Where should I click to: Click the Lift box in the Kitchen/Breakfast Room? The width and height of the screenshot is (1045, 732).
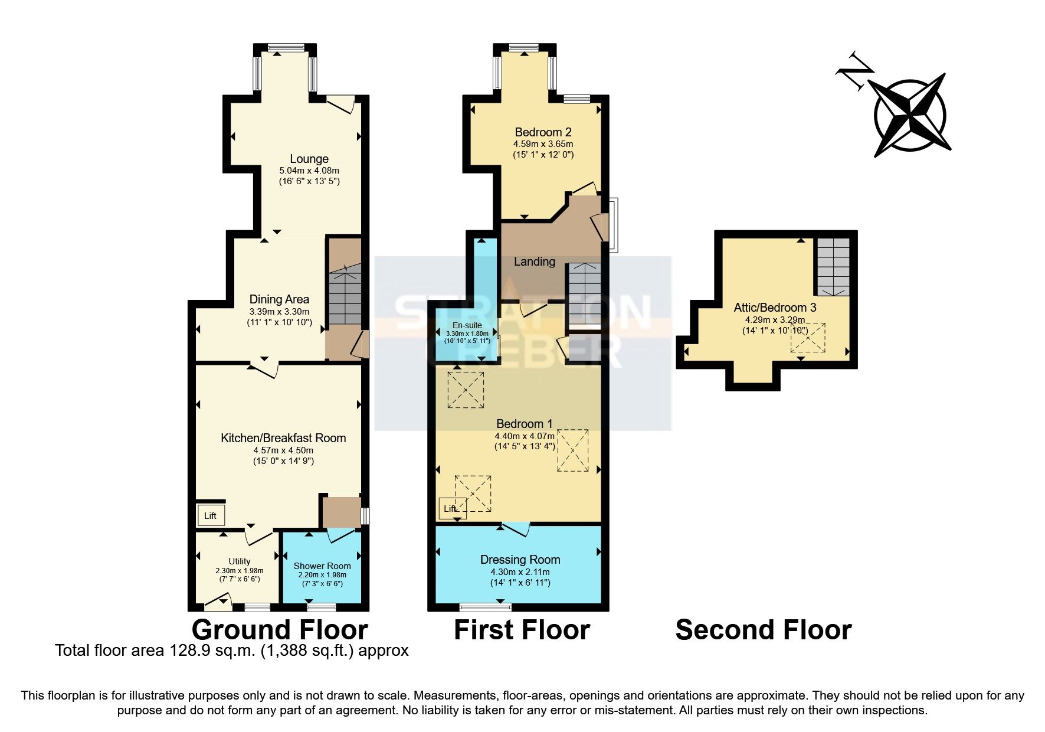pos(210,515)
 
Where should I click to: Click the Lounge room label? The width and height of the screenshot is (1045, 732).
pos(309,159)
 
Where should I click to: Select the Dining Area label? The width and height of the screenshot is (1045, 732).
pos(279,299)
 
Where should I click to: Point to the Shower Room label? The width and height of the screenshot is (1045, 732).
pos(322,566)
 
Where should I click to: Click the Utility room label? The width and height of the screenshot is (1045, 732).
pos(240,561)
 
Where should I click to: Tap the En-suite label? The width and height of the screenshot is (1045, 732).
pos(467,325)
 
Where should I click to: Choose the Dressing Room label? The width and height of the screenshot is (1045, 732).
pos(520,560)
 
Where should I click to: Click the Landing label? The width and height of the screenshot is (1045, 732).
pos(534,261)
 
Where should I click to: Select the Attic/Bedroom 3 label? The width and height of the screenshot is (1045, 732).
pos(775,308)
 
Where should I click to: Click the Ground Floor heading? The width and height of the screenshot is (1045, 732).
pos(280,630)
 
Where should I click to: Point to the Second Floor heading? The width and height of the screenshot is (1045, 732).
pos(763,630)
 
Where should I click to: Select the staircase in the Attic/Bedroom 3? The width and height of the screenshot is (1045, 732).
pos(833,266)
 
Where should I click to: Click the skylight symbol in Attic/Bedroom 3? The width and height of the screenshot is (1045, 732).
pos(808,338)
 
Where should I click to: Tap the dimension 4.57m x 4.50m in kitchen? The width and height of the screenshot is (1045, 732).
pos(283,450)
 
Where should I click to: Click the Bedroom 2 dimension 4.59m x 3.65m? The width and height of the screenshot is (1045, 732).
pos(543,144)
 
